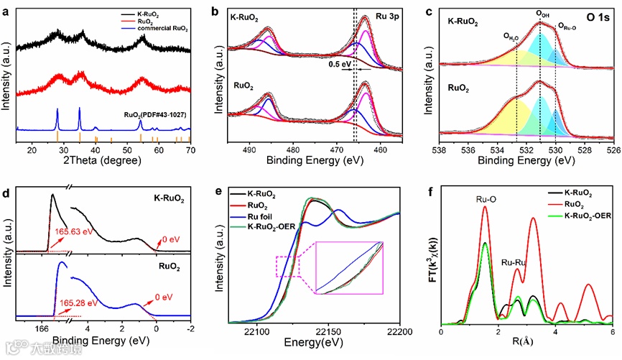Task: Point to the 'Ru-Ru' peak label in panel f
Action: click(x=514, y=263)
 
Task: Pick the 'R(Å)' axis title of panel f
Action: click(x=524, y=345)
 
